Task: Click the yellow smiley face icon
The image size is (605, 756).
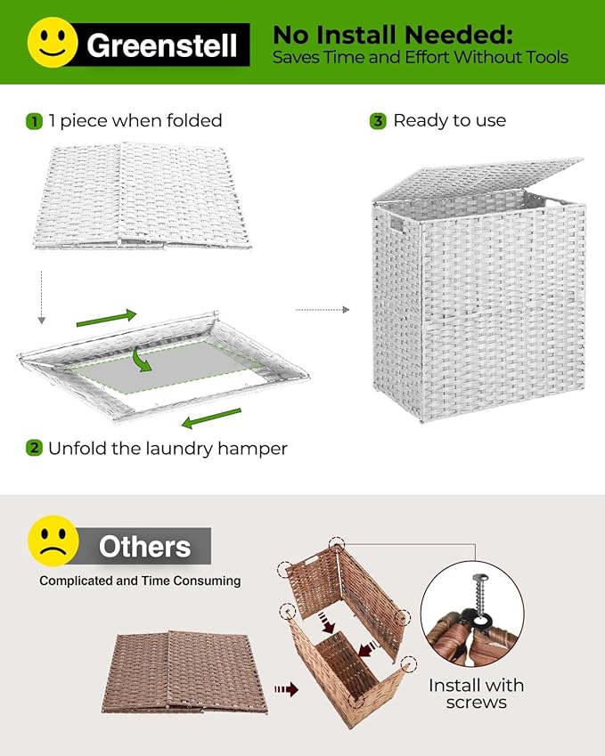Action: [53, 41]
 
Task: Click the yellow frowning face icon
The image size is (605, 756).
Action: [53, 541]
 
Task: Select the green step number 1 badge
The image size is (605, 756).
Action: [34, 120]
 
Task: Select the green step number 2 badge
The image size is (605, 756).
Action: [34, 448]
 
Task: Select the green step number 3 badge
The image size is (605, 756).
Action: [378, 120]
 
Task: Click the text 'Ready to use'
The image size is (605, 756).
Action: [449, 120]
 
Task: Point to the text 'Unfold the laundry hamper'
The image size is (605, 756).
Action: [168, 448]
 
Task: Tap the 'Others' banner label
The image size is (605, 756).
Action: [144, 546]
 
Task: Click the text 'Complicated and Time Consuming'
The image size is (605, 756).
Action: [140, 581]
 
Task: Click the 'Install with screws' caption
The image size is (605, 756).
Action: [476, 694]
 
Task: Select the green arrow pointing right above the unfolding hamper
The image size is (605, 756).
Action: [106, 317]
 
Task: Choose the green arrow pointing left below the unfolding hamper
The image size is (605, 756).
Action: [211, 418]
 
